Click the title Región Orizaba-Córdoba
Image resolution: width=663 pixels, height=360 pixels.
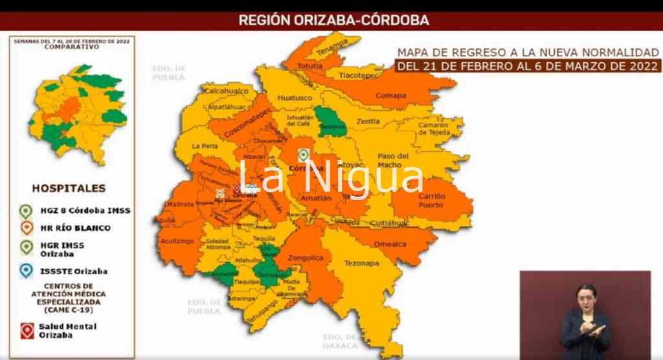tap(333, 20)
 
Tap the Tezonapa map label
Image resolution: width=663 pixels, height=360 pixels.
tap(361, 264)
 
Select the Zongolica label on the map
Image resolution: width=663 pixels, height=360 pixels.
tap(306, 258)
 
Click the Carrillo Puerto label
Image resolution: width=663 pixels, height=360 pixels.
tap(431, 200)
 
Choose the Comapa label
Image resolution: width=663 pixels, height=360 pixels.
tap(391, 96)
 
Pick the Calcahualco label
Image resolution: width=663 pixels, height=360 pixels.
tap(227, 91)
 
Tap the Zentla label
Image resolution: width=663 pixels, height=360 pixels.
tap(368, 121)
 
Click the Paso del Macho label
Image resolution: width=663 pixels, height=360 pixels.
tap(394, 160)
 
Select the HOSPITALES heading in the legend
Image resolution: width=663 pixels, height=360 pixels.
tap(68, 188)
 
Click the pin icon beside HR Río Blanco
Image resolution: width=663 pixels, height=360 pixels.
tap(27, 228)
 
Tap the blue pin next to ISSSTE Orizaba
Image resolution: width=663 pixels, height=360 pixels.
tap(27, 270)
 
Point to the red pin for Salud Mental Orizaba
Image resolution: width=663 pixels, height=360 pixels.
tap(27, 330)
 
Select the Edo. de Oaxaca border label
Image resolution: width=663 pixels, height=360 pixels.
tap(340, 341)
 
